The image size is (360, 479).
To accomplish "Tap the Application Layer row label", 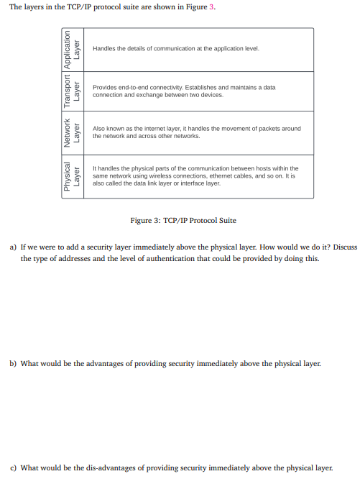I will pos(73,50).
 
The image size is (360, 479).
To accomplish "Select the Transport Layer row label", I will pos(73,91).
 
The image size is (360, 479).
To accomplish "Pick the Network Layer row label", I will pos(73,132).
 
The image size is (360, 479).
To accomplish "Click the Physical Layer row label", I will pos(73,176).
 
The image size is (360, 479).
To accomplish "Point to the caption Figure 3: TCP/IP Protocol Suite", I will pos(183,220).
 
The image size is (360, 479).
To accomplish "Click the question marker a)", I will pos(13,247).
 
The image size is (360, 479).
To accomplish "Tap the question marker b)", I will pos(13,364).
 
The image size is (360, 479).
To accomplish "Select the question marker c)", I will pos(13,467).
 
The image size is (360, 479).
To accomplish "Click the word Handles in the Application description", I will pos(103,49).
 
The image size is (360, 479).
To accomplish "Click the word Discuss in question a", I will pos(345,247).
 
